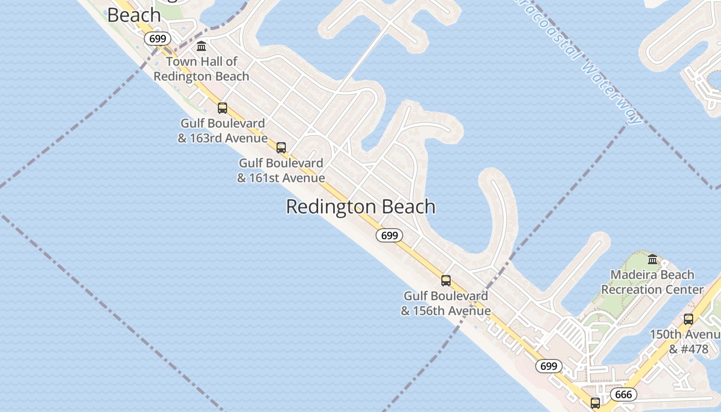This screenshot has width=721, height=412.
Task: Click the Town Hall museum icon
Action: click(x=201, y=46)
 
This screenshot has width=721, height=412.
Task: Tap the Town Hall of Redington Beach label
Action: click(x=201, y=69)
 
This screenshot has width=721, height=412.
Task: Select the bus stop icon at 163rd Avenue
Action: click(x=222, y=108)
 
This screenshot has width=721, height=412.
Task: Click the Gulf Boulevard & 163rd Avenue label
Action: click(x=222, y=131)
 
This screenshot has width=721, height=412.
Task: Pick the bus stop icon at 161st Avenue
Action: click(x=281, y=148)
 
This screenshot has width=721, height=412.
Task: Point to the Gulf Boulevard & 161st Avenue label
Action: click(x=281, y=170)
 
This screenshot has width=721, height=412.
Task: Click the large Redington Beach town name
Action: click(x=360, y=207)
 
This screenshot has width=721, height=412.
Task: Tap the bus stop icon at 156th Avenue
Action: click(x=446, y=281)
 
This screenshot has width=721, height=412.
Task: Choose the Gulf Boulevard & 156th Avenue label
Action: click(x=446, y=303)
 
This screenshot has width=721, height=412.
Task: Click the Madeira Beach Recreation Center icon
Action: click(x=653, y=259)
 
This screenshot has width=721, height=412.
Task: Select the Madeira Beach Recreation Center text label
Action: click(x=653, y=282)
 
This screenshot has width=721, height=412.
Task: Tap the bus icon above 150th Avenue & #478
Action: click(x=689, y=319)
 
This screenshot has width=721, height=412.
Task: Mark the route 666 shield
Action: click(x=623, y=394)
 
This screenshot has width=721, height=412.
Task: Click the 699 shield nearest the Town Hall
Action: click(x=157, y=39)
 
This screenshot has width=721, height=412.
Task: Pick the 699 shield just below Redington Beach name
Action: click(x=389, y=235)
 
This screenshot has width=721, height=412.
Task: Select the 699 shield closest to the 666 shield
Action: click(x=549, y=366)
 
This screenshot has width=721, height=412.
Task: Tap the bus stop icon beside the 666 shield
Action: click(x=595, y=403)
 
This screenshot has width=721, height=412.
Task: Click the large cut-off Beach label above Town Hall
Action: click(x=134, y=15)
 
